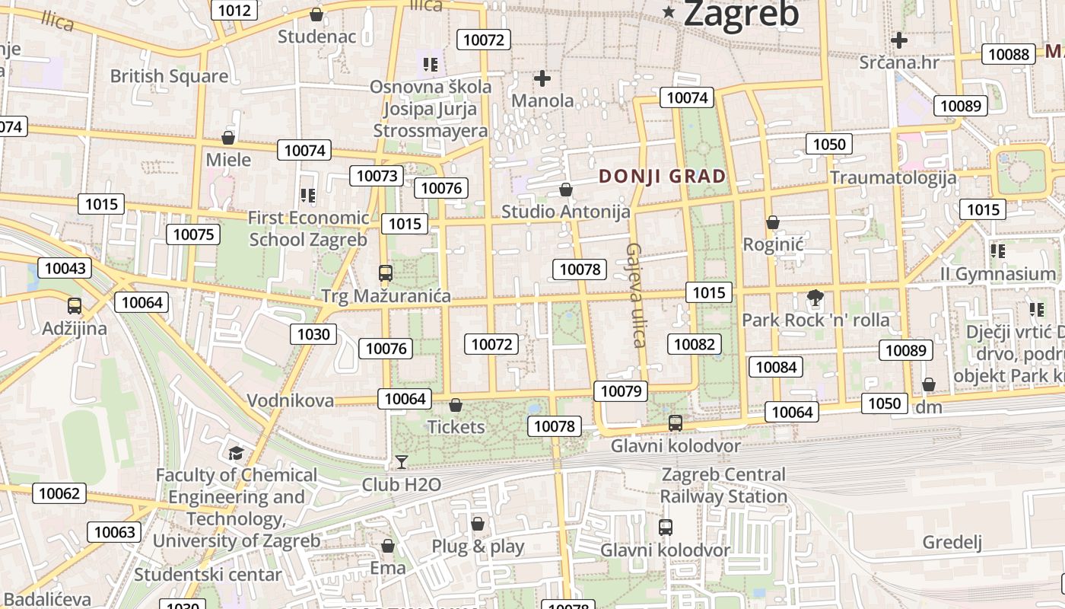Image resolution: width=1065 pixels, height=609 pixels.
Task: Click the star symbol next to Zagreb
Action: pos(669,11)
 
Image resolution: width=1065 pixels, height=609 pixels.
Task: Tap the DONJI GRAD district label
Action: pos(662,177)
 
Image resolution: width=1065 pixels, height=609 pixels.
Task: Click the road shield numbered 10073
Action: pos(377,176)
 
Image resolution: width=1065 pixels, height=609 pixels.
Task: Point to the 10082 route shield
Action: pos(694,344)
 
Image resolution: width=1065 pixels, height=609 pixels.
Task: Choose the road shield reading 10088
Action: pos(1009,54)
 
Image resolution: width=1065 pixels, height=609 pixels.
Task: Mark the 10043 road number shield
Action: pos(65,268)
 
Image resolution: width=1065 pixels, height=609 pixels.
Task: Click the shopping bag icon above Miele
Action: pos(227,138)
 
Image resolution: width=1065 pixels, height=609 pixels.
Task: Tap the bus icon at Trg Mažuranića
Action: pos(386,273)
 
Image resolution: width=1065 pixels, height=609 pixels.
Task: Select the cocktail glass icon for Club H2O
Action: pos(401,461)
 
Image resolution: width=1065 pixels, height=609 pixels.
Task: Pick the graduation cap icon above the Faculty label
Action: pos(237,454)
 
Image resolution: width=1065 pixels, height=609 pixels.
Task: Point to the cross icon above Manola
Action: pos(542,78)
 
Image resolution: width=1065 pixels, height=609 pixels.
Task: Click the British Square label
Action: pos(169,76)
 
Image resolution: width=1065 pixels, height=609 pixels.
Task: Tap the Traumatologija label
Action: pos(893,177)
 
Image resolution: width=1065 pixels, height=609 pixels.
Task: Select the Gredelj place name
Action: pos(952,542)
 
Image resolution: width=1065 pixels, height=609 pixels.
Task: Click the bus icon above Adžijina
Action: pos(75,306)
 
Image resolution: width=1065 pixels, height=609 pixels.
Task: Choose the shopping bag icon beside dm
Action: pos(929,384)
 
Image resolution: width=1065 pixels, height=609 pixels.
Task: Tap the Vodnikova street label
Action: pos(291,400)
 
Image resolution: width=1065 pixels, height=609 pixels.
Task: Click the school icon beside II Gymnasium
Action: pos(998,250)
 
